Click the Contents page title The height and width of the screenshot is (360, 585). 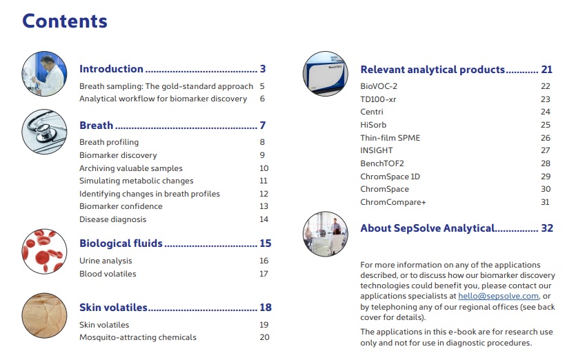(65, 21)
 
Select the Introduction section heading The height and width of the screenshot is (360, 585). (112, 69)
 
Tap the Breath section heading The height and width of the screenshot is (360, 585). (97, 126)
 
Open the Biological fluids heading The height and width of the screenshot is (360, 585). (121, 243)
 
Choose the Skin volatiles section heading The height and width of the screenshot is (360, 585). (114, 308)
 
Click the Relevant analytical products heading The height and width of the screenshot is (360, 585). (433, 70)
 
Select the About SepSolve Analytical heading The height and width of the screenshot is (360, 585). (428, 228)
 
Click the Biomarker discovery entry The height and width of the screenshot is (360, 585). (118, 155)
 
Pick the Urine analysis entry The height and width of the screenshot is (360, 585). (106, 261)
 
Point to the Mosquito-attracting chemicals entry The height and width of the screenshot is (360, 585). (138, 337)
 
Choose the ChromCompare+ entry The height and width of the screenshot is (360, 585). (393, 202)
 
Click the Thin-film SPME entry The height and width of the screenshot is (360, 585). (390, 138)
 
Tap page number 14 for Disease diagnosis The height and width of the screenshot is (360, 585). (264, 219)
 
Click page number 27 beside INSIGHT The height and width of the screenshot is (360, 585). (545, 150)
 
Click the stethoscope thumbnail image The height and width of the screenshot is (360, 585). (45, 132)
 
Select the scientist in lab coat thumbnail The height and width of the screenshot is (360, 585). (45, 74)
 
